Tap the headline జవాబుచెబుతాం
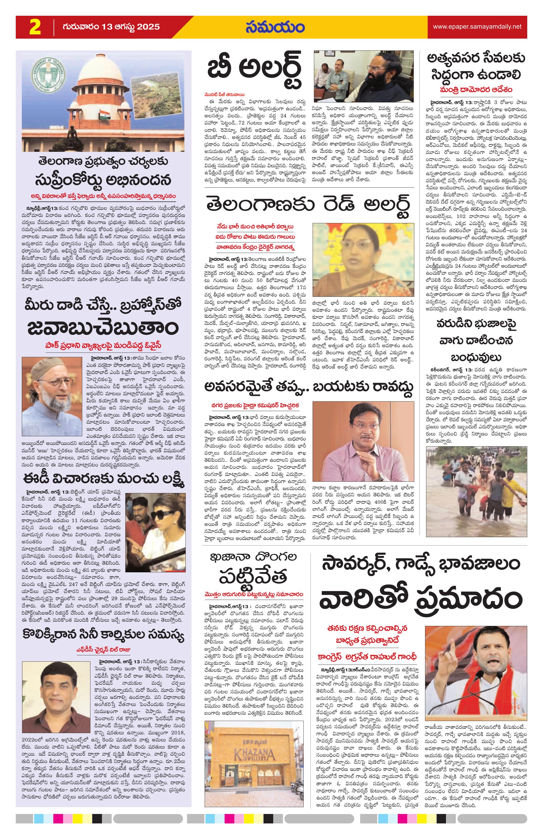[104, 328]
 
